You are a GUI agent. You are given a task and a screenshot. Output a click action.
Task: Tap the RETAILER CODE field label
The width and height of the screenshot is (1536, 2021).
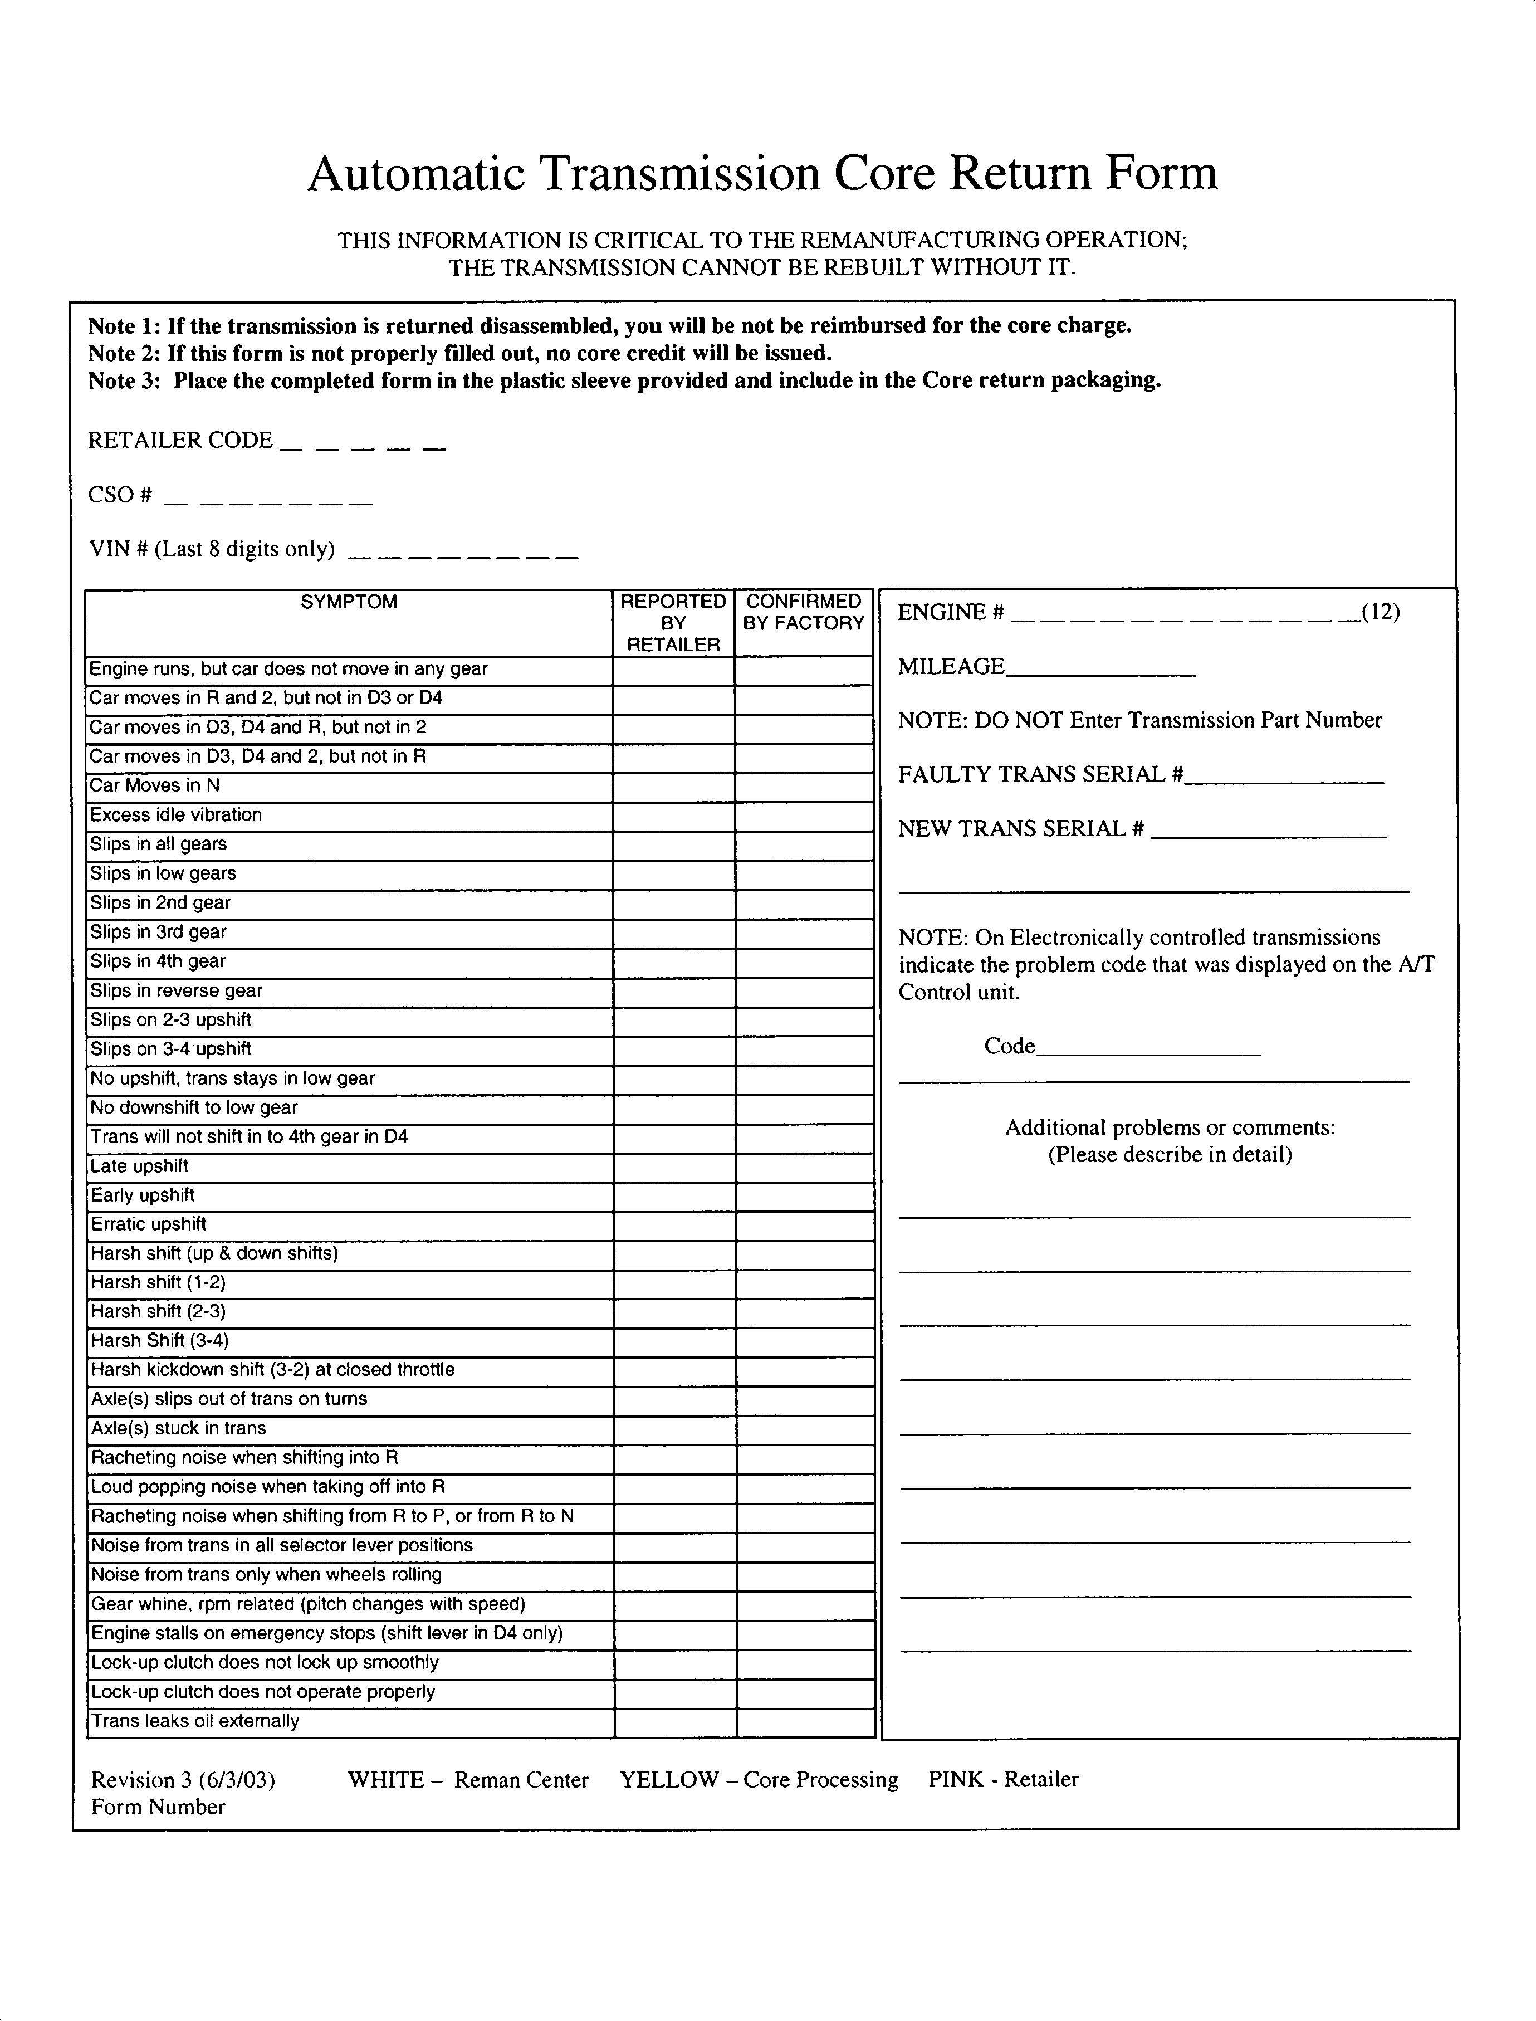[x=180, y=440]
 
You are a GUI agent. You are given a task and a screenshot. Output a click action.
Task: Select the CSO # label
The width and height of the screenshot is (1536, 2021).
[x=120, y=495]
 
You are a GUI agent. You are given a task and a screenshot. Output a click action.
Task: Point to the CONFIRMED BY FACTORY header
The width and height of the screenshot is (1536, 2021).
[x=804, y=612]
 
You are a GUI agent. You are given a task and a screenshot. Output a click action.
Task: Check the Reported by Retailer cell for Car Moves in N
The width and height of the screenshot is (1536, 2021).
[x=674, y=787]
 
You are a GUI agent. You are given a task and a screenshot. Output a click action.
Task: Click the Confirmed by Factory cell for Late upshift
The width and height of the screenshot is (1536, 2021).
[x=805, y=1167]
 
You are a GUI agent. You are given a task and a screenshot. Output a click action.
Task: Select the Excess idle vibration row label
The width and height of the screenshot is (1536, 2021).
[x=175, y=815]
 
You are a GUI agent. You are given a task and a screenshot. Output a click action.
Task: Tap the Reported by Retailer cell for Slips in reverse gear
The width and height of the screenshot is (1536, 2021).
[x=674, y=992]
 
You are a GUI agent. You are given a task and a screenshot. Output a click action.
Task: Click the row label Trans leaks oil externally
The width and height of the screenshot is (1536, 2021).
[x=195, y=1721]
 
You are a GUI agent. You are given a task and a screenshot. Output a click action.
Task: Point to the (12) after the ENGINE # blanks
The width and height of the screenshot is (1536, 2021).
[x=1381, y=612]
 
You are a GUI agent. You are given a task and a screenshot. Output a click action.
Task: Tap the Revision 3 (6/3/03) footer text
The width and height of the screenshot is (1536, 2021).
[x=183, y=1780]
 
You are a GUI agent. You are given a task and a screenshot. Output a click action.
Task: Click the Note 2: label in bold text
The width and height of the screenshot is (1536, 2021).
[x=124, y=353]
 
